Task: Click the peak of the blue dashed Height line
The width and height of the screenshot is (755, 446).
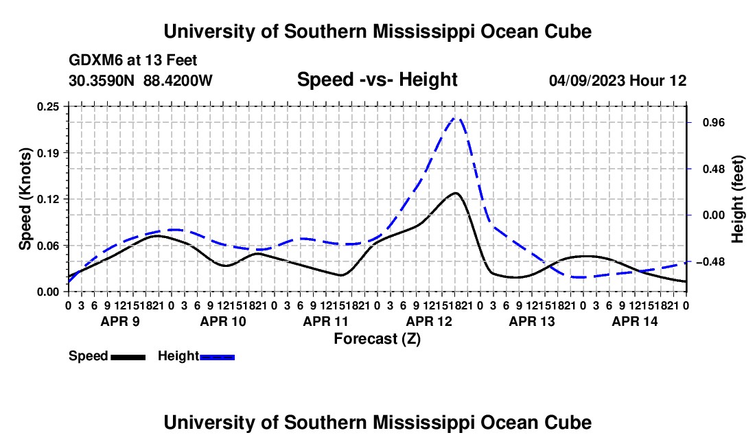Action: pos(456,117)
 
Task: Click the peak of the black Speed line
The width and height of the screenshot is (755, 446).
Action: pos(455,193)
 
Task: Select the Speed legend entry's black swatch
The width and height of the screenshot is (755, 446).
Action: pos(128,357)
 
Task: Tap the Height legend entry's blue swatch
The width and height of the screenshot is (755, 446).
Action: pos(217,357)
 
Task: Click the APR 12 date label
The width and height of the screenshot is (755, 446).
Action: pos(429,321)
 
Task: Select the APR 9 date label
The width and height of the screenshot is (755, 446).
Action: pos(120,321)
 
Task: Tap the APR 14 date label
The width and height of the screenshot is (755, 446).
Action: pos(635,321)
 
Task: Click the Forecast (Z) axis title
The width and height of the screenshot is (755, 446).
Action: pos(377,339)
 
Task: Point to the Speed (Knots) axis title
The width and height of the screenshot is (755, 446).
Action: pos(25,199)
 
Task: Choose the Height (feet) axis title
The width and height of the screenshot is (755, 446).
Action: pos(737,199)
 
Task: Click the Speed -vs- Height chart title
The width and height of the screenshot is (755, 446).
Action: pos(377,80)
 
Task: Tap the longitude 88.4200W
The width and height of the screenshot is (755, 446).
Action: pos(178,80)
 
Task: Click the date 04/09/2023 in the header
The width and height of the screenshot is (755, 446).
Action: pos(587,80)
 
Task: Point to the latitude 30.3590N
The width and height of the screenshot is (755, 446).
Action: pos(102,80)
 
